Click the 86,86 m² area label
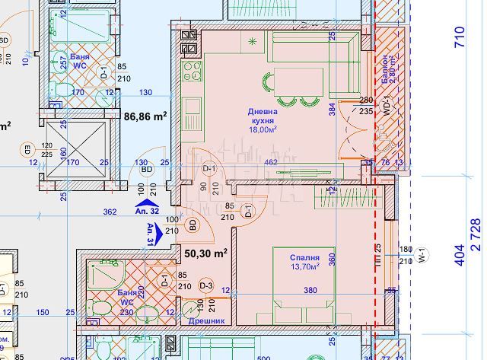[145, 117]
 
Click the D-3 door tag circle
[206, 285]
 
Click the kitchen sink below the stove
[190, 106]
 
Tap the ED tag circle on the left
[27, 149]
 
